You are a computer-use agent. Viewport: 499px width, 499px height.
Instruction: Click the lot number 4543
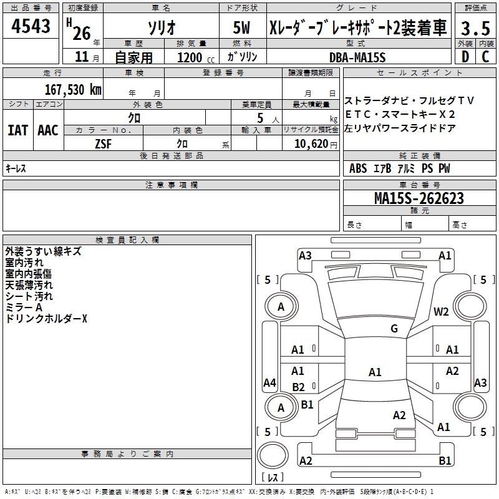tap(31, 27)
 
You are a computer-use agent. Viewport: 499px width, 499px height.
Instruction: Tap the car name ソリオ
tap(160, 28)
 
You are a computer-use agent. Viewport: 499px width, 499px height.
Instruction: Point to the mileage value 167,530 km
tap(73, 89)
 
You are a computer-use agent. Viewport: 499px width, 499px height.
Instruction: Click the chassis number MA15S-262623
tap(419, 198)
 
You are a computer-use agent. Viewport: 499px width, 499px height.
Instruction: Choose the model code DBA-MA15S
tap(357, 57)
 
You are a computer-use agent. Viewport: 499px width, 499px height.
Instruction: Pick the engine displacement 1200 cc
tap(193, 57)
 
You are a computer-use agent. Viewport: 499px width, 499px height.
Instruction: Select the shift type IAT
tap(17, 130)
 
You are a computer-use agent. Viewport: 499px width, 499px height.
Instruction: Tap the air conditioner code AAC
tap(47, 130)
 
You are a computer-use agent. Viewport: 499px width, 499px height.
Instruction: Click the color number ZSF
tap(104, 143)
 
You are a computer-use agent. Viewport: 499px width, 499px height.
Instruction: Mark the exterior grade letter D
tap(465, 57)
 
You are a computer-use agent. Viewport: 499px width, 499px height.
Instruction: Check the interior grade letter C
tap(486, 57)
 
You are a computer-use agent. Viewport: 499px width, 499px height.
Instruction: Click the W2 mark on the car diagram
tap(441, 312)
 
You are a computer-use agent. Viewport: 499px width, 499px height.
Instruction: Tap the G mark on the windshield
tap(394, 329)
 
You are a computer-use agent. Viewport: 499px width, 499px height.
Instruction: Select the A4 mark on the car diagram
tap(269, 383)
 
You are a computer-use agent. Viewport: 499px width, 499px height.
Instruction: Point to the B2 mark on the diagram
tap(299, 387)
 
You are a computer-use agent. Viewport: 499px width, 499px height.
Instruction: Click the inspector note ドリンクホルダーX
tap(46, 319)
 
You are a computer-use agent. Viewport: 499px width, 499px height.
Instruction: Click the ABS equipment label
tap(358, 168)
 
